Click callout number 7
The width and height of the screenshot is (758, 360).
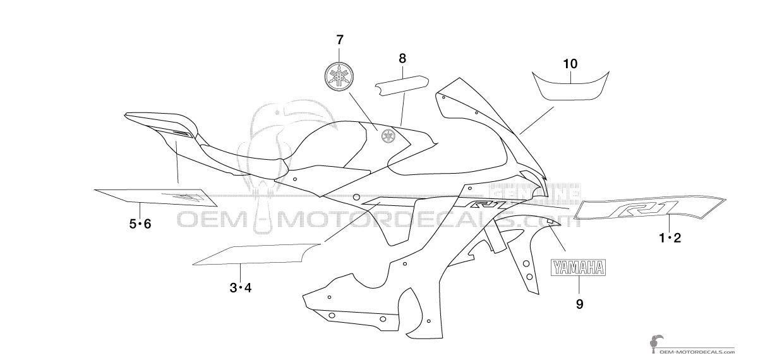(340, 40)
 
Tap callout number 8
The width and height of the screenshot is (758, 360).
(402, 59)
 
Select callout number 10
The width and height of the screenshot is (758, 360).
(570, 64)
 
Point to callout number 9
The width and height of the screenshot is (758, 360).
(580, 304)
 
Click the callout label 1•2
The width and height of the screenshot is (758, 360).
(670, 238)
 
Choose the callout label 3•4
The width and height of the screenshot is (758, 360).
(241, 288)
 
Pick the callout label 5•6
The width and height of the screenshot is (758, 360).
(140, 224)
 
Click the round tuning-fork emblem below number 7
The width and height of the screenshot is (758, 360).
(339, 77)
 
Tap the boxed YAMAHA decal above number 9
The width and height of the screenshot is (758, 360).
(579, 268)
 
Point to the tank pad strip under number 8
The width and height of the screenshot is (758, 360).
(401, 86)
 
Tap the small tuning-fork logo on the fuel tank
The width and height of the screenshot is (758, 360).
(388, 136)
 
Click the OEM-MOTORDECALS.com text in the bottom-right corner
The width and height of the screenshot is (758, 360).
(704, 352)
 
